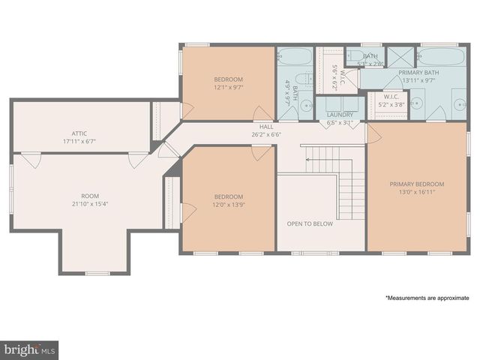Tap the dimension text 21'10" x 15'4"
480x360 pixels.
coord(90,202)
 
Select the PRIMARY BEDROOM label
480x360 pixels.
coord(417,184)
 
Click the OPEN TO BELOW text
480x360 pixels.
coord(309,223)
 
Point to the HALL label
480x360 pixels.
coord(266,127)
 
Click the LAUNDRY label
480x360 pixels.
coord(339,115)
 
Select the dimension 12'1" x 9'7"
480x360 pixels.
coord(228,87)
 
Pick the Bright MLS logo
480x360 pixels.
coord(29,350)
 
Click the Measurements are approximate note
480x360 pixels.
coord(427,298)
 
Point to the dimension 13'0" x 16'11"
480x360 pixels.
coord(417,192)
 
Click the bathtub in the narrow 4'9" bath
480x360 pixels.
coord(294,57)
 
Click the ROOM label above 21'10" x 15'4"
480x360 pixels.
coord(90,194)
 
